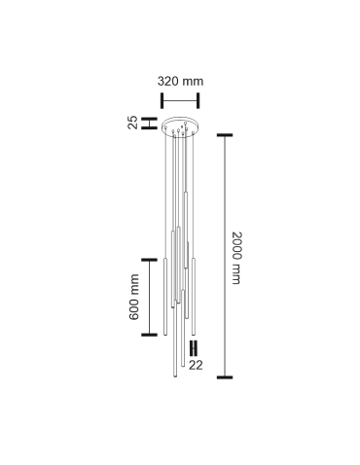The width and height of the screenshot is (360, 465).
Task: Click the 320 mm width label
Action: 180,82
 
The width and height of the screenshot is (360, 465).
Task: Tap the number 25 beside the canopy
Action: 132,123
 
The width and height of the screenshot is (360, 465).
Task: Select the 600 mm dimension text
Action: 134,297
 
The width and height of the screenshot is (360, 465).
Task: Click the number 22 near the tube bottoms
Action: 196,365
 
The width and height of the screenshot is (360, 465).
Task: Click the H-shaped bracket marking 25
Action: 148,123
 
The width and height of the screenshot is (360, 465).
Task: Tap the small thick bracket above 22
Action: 194,347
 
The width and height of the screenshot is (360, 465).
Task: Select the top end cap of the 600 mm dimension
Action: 150,260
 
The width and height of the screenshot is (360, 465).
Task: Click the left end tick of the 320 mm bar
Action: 162,98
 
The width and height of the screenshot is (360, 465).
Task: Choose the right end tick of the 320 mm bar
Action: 198,98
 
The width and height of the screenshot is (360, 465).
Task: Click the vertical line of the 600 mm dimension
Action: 150,298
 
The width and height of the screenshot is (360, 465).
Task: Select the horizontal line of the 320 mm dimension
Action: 180,98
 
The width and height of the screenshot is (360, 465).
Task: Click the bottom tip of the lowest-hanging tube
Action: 174,378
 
